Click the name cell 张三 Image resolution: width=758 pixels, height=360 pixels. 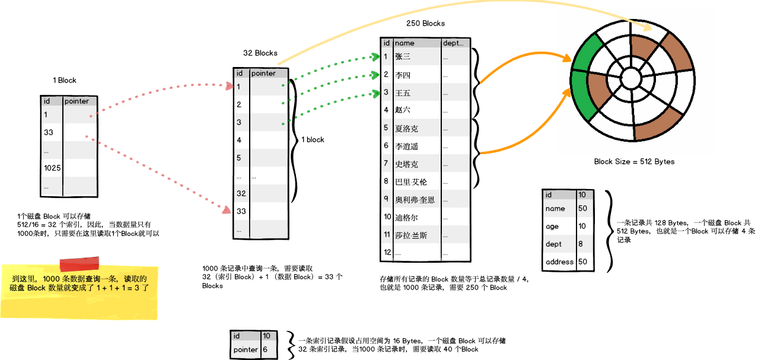coord(403,57)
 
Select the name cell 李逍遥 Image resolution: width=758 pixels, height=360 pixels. coord(407,146)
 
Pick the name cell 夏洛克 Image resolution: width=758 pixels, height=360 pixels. coord(407,128)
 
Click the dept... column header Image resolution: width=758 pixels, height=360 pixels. coord(454,43)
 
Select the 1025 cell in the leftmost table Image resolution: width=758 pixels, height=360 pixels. coord(52,168)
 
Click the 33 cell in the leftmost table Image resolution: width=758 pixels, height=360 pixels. coord(49,133)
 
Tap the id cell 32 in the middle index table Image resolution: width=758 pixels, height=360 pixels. coord(241,194)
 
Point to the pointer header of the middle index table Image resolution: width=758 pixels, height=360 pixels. coord(263,74)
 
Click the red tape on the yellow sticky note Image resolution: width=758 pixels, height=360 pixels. coord(79,265)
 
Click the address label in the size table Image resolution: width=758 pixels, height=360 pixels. coord(559,262)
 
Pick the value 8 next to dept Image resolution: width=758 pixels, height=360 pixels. coord(581,244)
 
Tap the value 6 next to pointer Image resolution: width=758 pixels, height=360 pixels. coord(265,350)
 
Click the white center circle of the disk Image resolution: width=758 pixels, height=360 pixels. coord(630,78)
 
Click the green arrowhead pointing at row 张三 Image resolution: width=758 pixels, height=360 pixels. coord(375,56)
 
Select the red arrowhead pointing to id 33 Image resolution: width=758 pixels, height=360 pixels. coord(226,210)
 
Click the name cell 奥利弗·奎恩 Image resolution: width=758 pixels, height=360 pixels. coord(415,200)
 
